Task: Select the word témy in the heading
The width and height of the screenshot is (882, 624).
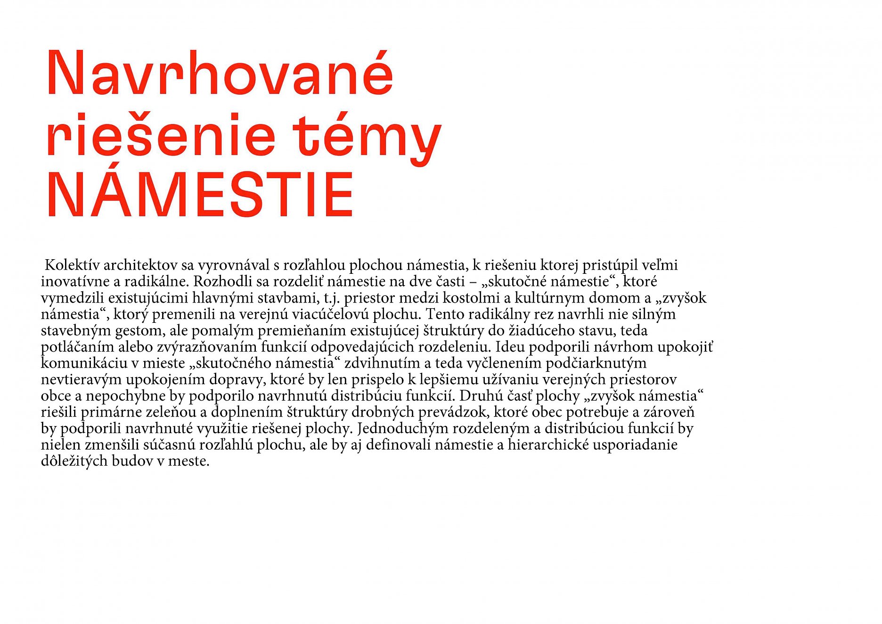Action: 367,137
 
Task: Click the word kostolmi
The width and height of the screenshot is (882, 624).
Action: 472,298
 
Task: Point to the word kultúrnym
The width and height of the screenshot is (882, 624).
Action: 550,298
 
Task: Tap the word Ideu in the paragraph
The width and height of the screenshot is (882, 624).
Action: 510,347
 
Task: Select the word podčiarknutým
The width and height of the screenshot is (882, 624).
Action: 596,363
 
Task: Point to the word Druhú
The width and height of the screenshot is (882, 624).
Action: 482,396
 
